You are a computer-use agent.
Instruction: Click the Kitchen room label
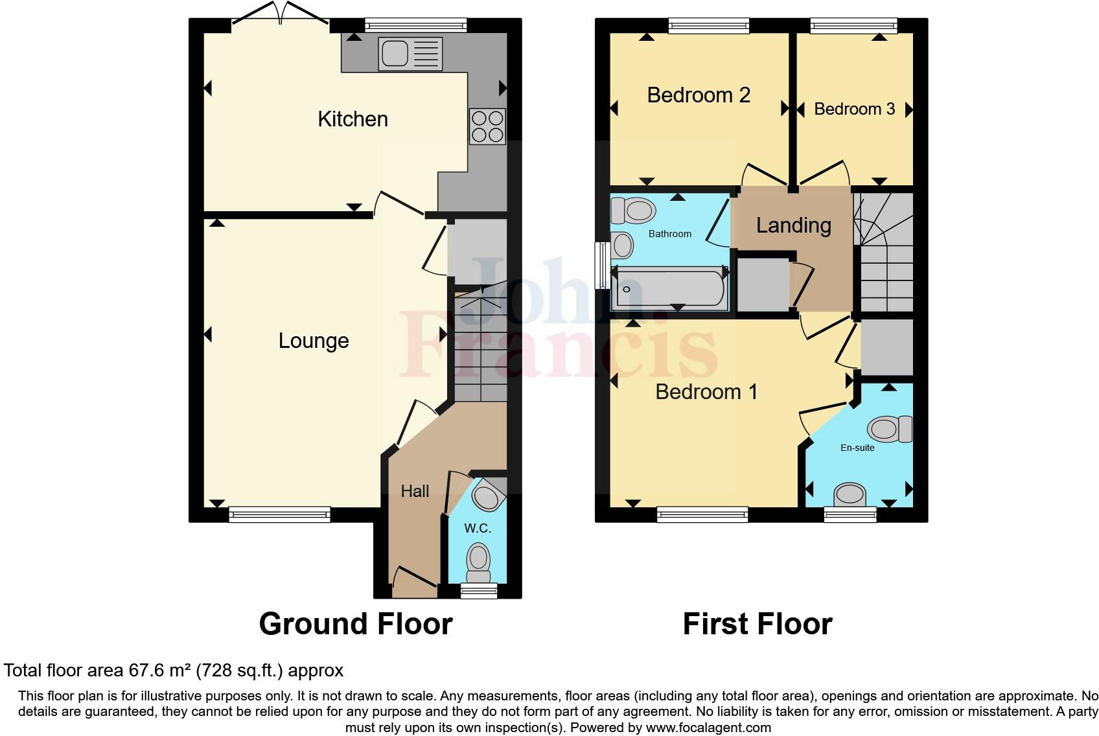pyautogui.click(x=353, y=119)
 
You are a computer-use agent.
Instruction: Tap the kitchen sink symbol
pyautogui.click(x=411, y=53)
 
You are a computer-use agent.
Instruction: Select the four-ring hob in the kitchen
pyautogui.click(x=487, y=126)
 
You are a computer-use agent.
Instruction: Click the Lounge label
pyautogui.click(x=314, y=341)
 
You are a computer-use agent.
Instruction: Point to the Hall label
pyautogui.click(x=415, y=491)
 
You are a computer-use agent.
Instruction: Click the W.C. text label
pyautogui.click(x=478, y=529)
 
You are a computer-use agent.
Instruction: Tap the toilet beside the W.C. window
pyautogui.click(x=479, y=562)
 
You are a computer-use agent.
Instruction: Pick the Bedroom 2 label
pyautogui.click(x=699, y=95)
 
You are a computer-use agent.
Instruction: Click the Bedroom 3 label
pyautogui.click(x=854, y=109)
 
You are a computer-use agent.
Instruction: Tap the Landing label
pyautogui.click(x=794, y=225)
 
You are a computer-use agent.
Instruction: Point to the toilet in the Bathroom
pyautogui.click(x=633, y=210)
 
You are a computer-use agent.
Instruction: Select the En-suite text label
pyautogui.click(x=857, y=448)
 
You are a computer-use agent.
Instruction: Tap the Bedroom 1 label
pyautogui.click(x=706, y=392)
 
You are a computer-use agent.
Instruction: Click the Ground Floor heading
pyautogui.click(x=356, y=624)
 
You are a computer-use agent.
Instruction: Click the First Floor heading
pyautogui.click(x=757, y=624)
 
